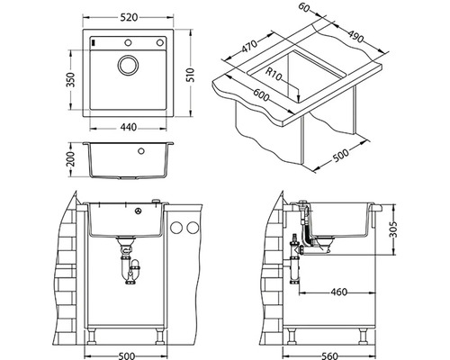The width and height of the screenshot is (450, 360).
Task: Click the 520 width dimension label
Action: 129,17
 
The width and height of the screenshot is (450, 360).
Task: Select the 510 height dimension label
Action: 192,75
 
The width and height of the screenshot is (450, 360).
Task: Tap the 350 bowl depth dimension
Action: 70,79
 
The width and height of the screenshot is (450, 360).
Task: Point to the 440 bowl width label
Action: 129,127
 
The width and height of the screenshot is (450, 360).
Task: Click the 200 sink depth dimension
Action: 70,159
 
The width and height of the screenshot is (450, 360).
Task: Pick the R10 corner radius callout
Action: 274,75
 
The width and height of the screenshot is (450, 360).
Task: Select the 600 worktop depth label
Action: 261,94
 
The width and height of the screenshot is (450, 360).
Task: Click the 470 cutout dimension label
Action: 249,46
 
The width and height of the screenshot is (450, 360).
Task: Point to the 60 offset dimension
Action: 304,8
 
